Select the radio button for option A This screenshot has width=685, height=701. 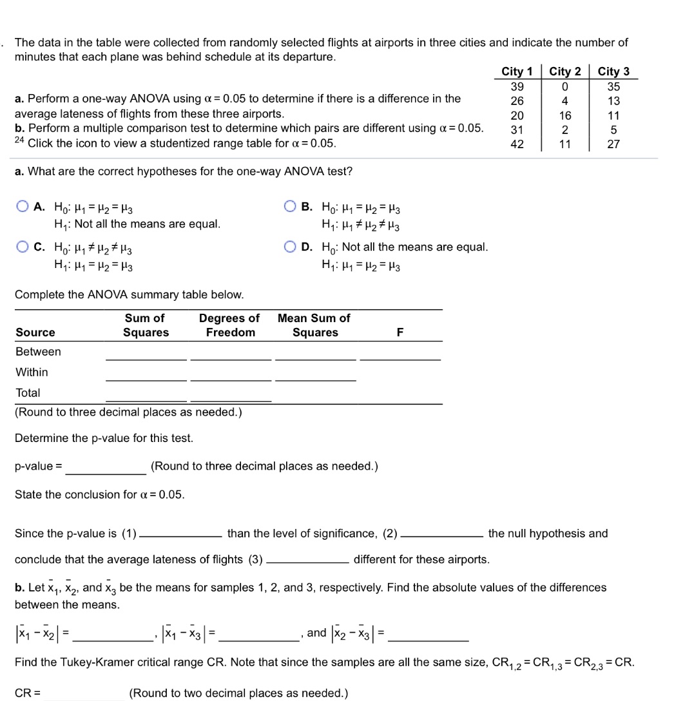click(23, 207)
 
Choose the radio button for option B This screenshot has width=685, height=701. click(290, 207)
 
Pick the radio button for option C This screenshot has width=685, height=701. click(23, 247)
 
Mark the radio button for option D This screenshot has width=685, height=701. click(290, 247)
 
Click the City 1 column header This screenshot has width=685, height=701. click(517, 72)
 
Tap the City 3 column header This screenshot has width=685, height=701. click(613, 72)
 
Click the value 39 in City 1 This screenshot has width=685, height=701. click(517, 86)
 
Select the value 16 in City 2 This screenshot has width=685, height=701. click(565, 115)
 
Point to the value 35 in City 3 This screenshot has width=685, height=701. click(613, 86)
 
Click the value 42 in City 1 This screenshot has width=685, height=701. click(517, 144)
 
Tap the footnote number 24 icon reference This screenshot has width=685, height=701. click(19, 140)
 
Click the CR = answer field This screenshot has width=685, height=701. click(84, 693)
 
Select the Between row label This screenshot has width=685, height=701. click(38, 352)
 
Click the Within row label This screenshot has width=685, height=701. click(32, 372)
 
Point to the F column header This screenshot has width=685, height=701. click(400, 332)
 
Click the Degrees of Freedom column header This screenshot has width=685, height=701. click(230, 325)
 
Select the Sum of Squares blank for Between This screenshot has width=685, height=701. click(146, 353)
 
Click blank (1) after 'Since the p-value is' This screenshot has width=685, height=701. click(182, 534)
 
